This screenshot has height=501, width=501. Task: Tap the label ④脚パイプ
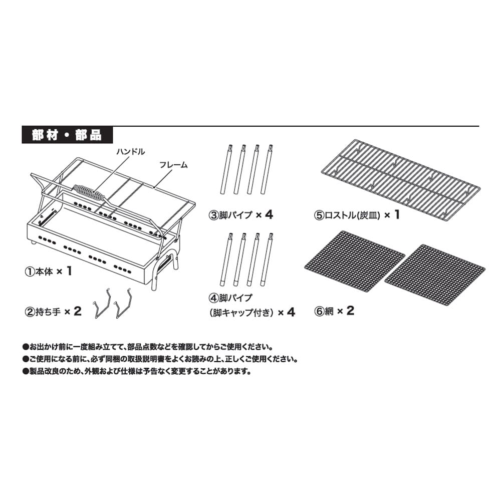pyautogui.click(x=234, y=297)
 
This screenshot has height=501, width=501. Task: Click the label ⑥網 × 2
pyautogui.click(x=334, y=311)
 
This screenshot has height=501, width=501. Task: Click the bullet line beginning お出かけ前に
pyautogui.click(x=148, y=346)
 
